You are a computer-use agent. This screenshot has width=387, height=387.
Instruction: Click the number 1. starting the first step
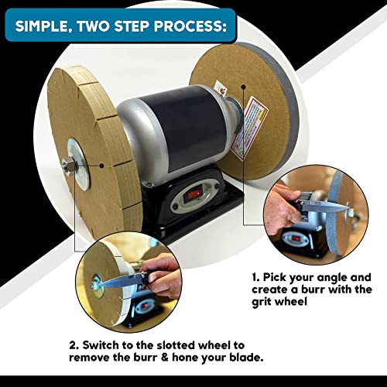point(256,276)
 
